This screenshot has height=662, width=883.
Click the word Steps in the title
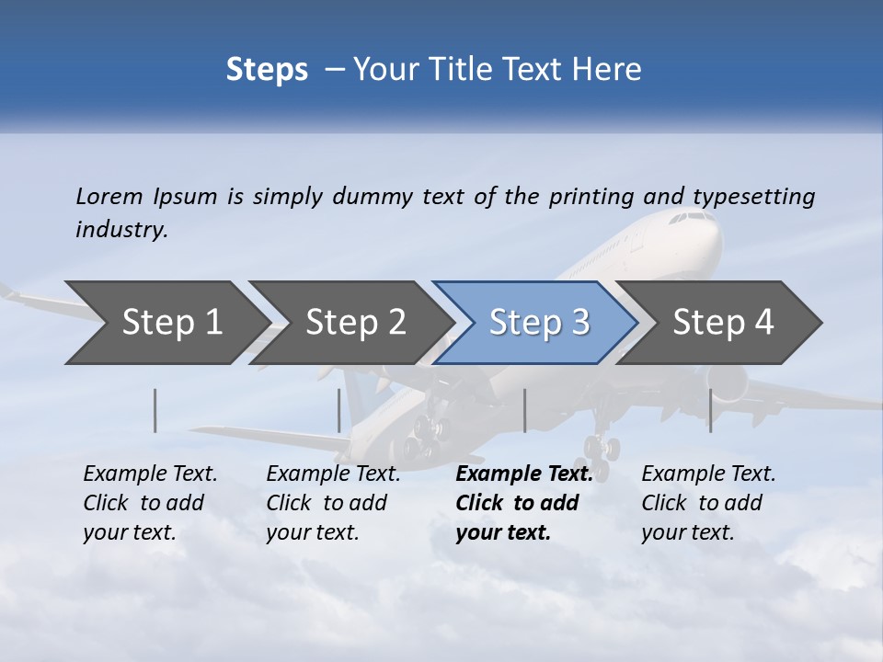[x=267, y=70]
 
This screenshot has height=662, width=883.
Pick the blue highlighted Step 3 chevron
[x=539, y=323]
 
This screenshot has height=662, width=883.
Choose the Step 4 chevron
[x=723, y=323]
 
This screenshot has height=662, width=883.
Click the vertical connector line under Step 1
[x=155, y=410]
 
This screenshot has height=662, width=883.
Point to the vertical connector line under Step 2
[x=339, y=410]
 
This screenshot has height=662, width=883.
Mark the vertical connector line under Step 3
[x=524, y=410]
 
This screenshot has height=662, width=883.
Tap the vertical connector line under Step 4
[x=710, y=410]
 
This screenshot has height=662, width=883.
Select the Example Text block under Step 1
[x=149, y=502]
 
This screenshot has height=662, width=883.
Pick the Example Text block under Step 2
[x=332, y=502]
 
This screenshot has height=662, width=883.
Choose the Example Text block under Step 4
[x=707, y=502]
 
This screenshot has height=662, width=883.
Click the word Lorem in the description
[x=109, y=196]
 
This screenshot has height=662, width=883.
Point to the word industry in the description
[x=121, y=230]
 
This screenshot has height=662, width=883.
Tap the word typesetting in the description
[x=753, y=197]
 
